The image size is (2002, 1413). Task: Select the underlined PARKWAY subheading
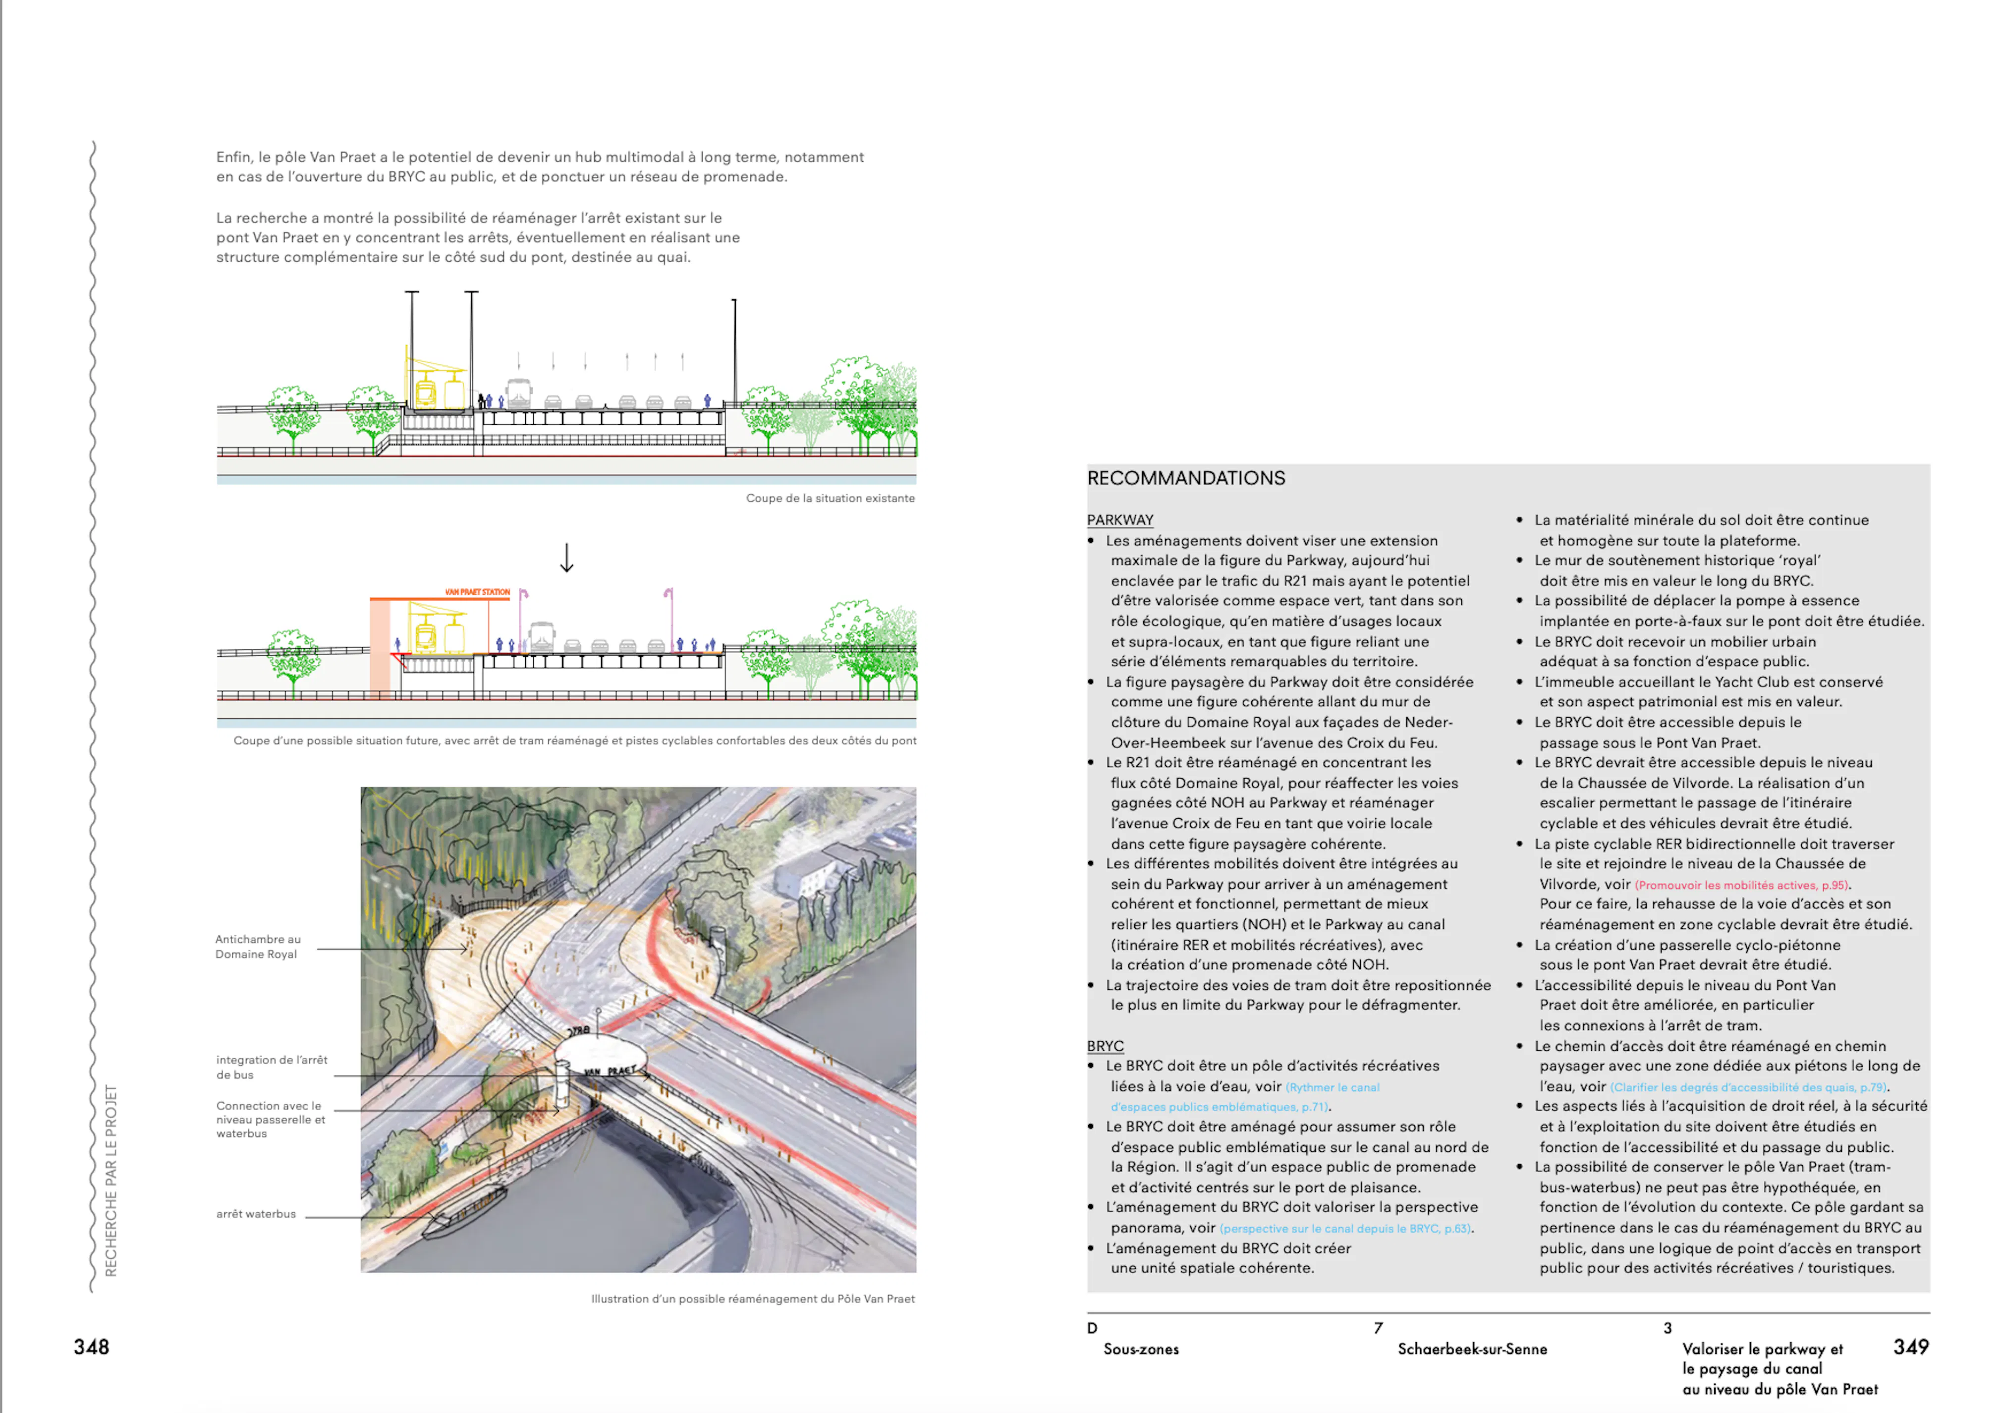1119,520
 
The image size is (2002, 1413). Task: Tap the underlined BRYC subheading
1105,1046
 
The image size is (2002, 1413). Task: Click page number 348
92,1347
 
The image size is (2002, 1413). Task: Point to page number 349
1910,1347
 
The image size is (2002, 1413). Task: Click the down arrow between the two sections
567,558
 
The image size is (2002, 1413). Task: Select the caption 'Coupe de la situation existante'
830,498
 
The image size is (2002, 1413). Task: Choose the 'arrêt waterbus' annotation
256,1214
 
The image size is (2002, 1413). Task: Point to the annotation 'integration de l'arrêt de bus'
271,1067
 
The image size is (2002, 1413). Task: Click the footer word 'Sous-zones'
1141,1350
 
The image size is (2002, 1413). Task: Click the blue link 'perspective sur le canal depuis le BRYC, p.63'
1345,1229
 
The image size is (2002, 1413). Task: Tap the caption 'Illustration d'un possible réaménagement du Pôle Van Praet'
753,1299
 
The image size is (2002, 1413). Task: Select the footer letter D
1092,1328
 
